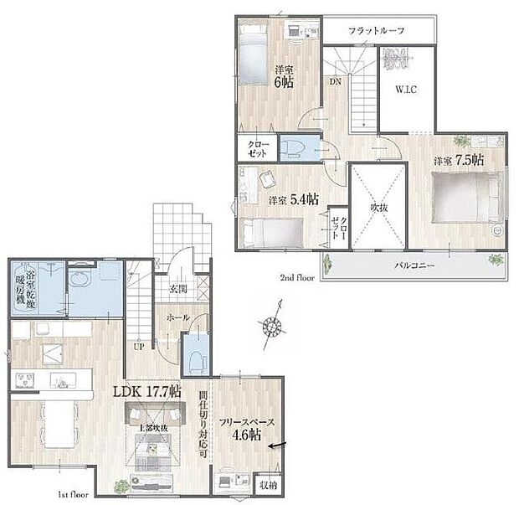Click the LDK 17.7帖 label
(147, 391)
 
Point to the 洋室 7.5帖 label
(458, 159)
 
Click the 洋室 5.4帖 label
(293, 200)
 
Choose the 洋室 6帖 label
(282, 75)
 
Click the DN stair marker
(334, 81)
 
